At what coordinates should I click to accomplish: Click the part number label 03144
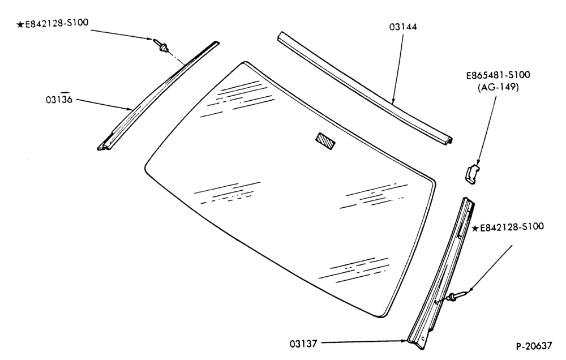coord(403,27)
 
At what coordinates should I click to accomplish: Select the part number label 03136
coord(59,99)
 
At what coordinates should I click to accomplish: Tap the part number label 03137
coord(303,344)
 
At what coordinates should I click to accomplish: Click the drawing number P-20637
coord(534,346)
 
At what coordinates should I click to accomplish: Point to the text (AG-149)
coord(498,87)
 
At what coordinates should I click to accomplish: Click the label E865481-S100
coord(498,75)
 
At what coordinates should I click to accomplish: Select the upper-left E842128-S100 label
coord(56,23)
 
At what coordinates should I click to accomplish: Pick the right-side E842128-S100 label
coord(512,228)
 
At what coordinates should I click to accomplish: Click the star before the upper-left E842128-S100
coord(20,24)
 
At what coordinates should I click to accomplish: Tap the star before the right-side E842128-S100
coord(475,229)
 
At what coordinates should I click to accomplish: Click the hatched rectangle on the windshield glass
coord(325,141)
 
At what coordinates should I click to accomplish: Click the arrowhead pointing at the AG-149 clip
coord(478,162)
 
